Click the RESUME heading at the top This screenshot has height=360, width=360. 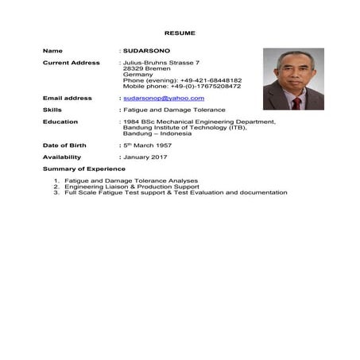pyautogui.click(x=180, y=33)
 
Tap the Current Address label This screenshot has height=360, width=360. pyautogui.click(x=71, y=62)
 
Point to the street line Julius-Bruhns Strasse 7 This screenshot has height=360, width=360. pyautogui.click(x=161, y=62)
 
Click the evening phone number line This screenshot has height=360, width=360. pyautogui.click(x=182, y=80)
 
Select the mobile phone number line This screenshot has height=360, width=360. pyautogui.click(x=182, y=86)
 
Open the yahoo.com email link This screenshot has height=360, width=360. pyautogui.click(x=158, y=98)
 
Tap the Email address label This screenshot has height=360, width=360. pyautogui.click(x=67, y=98)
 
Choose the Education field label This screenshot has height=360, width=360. pyautogui.click(x=60, y=122)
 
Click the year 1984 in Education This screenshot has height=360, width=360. pyautogui.click(x=131, y=122)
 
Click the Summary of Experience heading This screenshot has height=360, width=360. pyautogui.click(x=83, y=168)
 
